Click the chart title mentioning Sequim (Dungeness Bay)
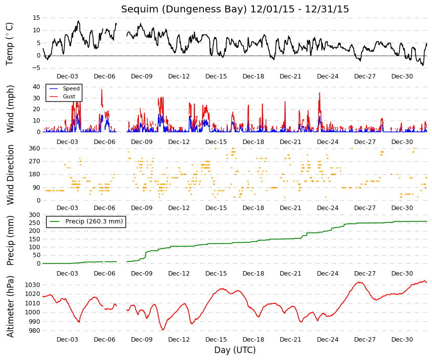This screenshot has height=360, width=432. click(x=235, y=9)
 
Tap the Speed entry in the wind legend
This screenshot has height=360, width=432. click(x=71, y=88)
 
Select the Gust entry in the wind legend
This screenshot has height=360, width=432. click(x=69, y=96)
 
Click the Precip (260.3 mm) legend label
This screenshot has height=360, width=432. click(x=94, y=221)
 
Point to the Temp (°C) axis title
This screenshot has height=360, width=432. click(x=9, y=44)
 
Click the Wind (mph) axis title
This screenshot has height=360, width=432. click(x=10, y=109)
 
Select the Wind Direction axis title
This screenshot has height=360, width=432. click(x=10, y=175)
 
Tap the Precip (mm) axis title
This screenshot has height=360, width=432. click(x=10, y=240)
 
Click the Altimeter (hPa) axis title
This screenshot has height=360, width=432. click(x=10, y=306)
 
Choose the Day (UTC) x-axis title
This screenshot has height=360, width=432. click(x=235, y=350)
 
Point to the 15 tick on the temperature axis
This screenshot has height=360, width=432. click(x=36, y=18)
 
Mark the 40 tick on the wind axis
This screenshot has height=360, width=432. click(x=36, y=86)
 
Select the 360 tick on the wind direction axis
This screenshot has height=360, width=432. click(x=34, y=148)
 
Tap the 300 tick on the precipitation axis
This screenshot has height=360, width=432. click(x=34, y=215)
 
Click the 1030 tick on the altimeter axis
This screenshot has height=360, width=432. click(x=33, y=285)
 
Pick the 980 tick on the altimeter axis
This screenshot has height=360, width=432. click(x=34, y=331)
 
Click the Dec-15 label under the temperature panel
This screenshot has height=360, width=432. click(x=216, y=76)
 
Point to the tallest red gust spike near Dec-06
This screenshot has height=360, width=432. click(x=102, y=89)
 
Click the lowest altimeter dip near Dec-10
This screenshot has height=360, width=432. click(x=163, y=329)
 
